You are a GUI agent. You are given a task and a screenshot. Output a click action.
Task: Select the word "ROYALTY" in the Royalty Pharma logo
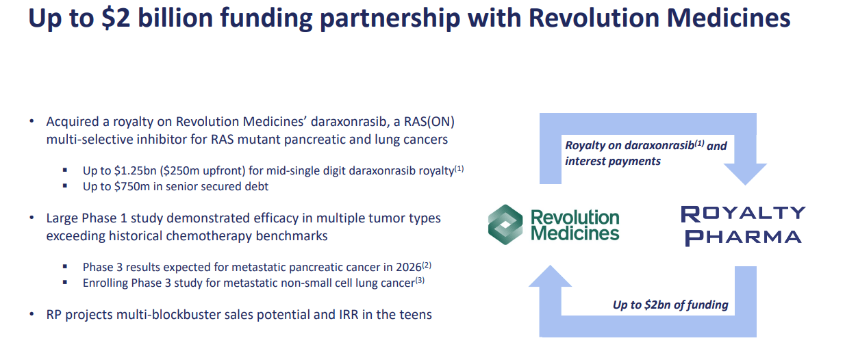pos(742,213)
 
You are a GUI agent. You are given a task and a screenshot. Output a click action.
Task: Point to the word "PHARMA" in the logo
pos(743,237)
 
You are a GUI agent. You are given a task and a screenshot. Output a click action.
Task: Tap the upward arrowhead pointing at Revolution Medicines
pos(548,277)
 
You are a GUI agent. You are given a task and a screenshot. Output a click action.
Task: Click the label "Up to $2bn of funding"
pos(670,305)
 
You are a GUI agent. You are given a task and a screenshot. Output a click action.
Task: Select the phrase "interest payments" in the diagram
pos(613,161)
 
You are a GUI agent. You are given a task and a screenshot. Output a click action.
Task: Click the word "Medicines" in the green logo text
pos(575,233)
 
